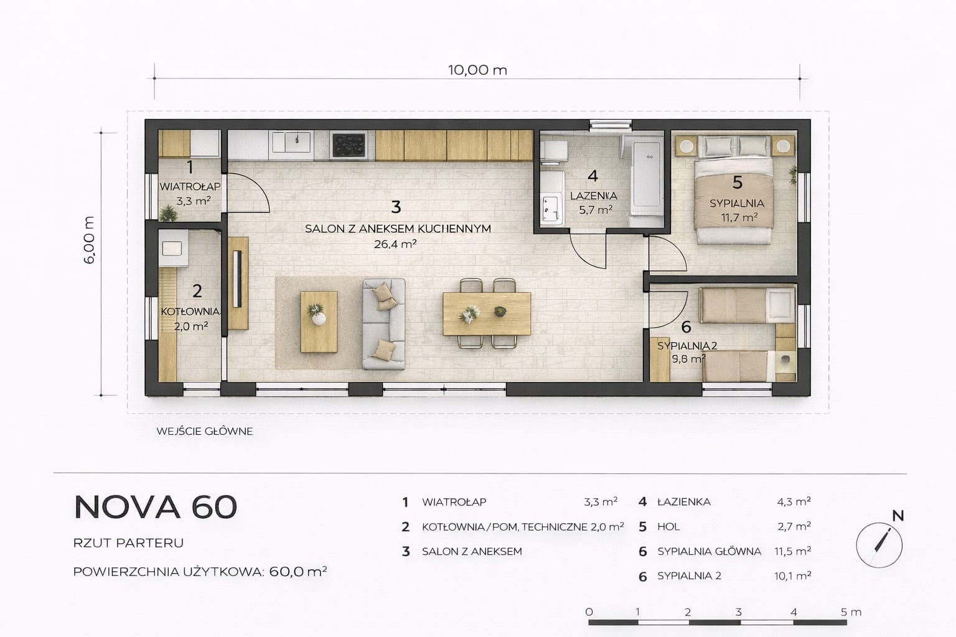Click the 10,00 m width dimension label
[477, 70]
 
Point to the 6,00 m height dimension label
[89, 240]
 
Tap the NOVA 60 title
[156, 507]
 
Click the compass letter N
[898, 516]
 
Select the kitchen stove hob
[349, 145]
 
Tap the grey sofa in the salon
[383, 324]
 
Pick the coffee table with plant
[319, 322]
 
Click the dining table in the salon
[487, 314]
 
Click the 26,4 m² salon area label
[395, 244]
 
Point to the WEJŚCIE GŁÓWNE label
[205, 431]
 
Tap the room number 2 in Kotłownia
[197, 291]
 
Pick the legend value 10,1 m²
[792, 576]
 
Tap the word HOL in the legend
[668, 527]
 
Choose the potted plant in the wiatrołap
[169, 213]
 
